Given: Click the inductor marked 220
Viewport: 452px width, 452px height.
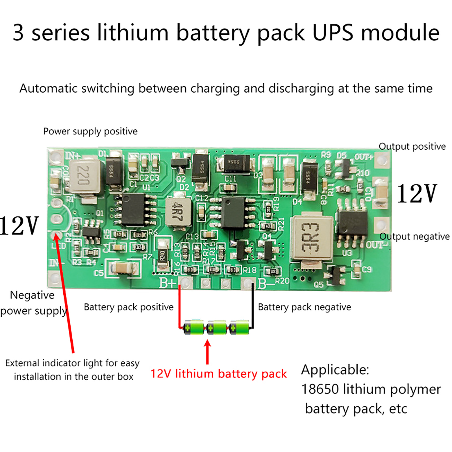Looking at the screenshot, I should click(84, 177).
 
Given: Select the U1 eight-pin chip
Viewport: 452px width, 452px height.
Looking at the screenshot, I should click(133, 209).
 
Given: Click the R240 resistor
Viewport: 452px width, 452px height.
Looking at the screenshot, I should click(162, 255).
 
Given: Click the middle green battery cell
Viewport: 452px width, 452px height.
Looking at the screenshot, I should click(217, 328).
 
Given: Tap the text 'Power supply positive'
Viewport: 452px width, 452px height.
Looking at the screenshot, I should click(90, 131).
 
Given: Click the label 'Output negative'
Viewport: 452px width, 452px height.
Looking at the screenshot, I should click(414, 236).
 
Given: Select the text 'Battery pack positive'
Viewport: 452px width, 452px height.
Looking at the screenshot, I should click(129, 307).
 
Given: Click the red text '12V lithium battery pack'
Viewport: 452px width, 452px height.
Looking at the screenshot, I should click(218, 374).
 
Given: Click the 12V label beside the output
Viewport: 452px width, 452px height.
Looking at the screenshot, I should click(417, 194).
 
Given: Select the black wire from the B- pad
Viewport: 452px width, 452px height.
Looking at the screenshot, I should click(253, 305).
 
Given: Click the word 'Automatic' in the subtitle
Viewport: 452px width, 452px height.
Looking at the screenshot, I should click(48, 88).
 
